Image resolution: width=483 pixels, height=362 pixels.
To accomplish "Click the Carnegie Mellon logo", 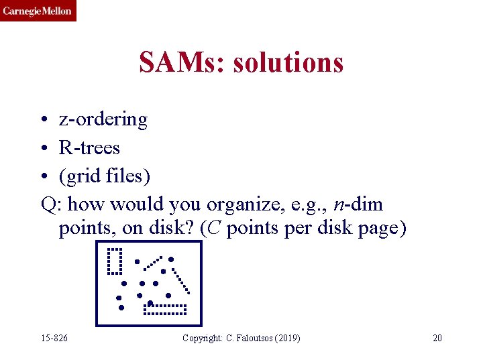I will pyautogui.click(x=38, y=11).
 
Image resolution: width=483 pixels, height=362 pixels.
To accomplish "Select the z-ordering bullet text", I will pyautogui.click(x=103, y=119).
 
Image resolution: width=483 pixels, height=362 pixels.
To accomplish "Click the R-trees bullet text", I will pyautogui.click(x=89, y=147).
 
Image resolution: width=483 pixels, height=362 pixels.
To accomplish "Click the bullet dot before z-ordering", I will pyautogui.click(x=44, y=120).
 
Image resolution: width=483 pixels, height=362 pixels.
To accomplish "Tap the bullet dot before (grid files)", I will pyautogui.click(x=44, y=176).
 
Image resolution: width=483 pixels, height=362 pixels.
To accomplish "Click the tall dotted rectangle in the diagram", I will pyautogui.click(x=114, y=261).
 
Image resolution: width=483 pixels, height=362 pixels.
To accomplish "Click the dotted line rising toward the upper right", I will pyautogui.click(x=153, y=262).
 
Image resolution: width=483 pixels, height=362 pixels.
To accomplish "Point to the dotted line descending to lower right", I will pyautogui.click(x=181, y=282).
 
